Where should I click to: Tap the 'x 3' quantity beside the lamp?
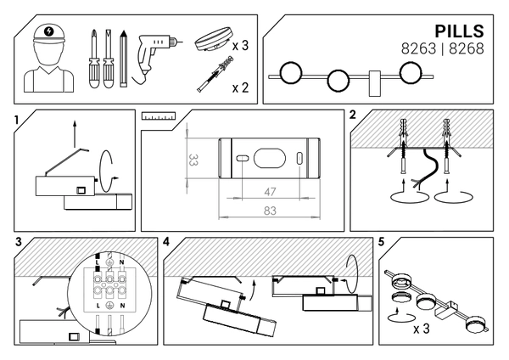[x=239, y=45]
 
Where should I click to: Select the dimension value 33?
[x=194, y=159]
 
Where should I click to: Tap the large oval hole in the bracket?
[x=270, y=158]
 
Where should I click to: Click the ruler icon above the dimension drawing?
[x=158, y=114]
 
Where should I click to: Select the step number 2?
[x=352, y=115]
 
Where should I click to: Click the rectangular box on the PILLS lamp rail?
[x=373, y=81]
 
